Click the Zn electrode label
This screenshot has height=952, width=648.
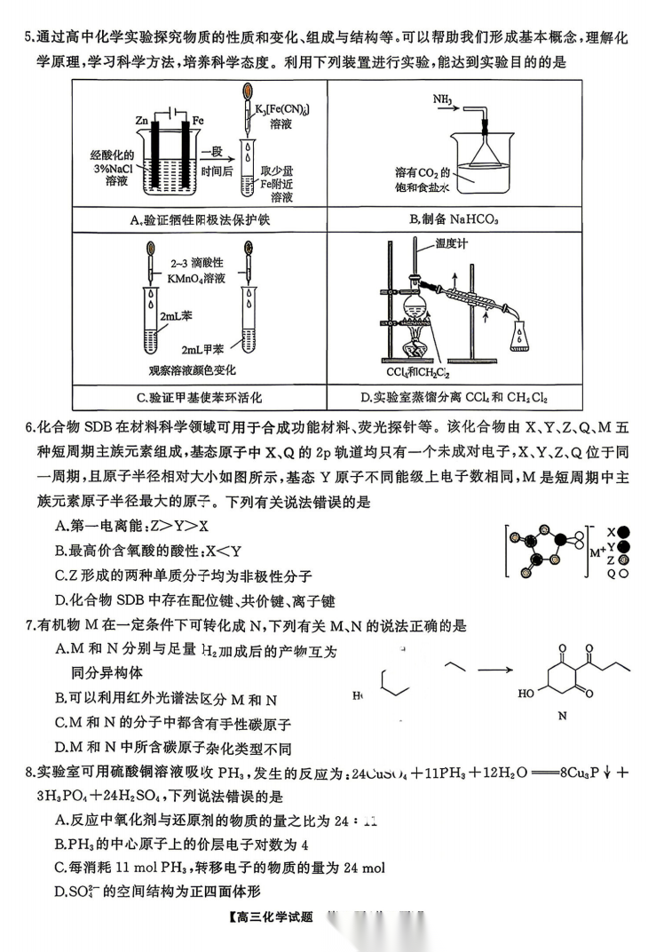(142, 118)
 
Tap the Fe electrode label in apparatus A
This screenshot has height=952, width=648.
(198, 118)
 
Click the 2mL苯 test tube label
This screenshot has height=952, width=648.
(173, 315)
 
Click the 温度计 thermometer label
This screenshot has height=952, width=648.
(454, 242)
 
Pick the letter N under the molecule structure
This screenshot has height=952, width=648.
(561, 714)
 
